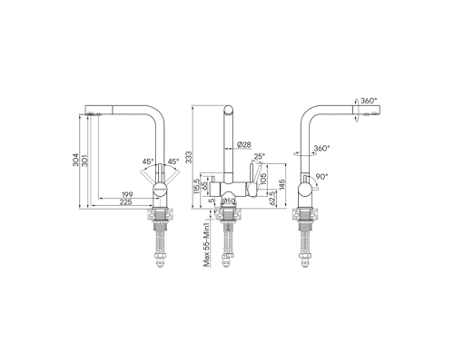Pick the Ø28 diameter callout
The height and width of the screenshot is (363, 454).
point(244,145)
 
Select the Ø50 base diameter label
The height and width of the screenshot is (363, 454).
point(229,201)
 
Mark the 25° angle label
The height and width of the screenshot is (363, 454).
point(261,156)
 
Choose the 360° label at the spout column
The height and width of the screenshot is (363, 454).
point(321,147)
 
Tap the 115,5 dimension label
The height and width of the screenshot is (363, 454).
point(196,187)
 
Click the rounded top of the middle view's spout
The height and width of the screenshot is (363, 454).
point(228,107)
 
